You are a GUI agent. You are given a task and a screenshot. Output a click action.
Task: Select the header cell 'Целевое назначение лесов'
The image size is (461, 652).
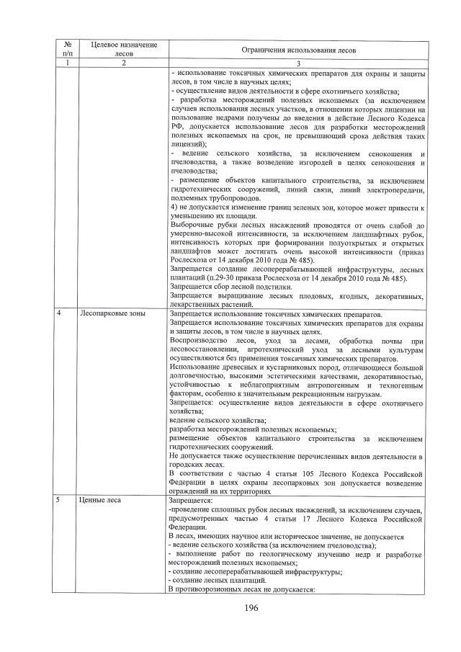click(x=124, y=49)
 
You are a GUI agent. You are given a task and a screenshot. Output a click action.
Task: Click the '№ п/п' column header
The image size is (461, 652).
click(x=66, y=49)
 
